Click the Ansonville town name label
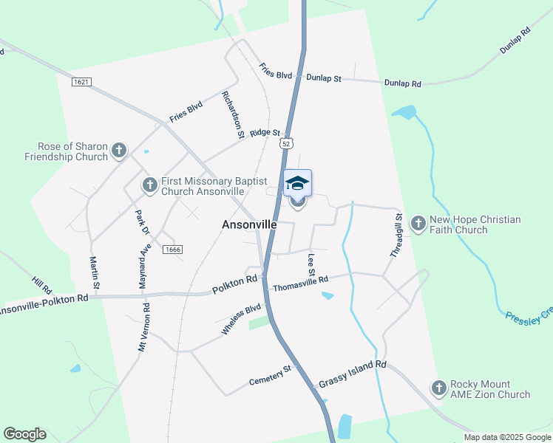pyautogui.click(x=250, y=224)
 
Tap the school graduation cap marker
pyautogui.click(x=298, y=183)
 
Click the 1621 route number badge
pyautogui.click(x=81, y=81)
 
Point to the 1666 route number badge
pyautogui.click(x=173, y=250)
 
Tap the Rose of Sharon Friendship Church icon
pyautogui.click(x=118, y=151)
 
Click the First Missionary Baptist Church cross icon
pyautogui.click(x=150, y=185)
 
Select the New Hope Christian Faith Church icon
pyautogui.click(x=418, y=224)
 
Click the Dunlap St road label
pyautogui.click(x=323, y=78)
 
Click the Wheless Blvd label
pyautogui.click(x=242, y=319)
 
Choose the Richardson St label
pyautogui.click(x=233, y=115)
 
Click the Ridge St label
pyautogui.click(x=265, y=133)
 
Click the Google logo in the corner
pyautogui.click(x=24, y=434)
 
